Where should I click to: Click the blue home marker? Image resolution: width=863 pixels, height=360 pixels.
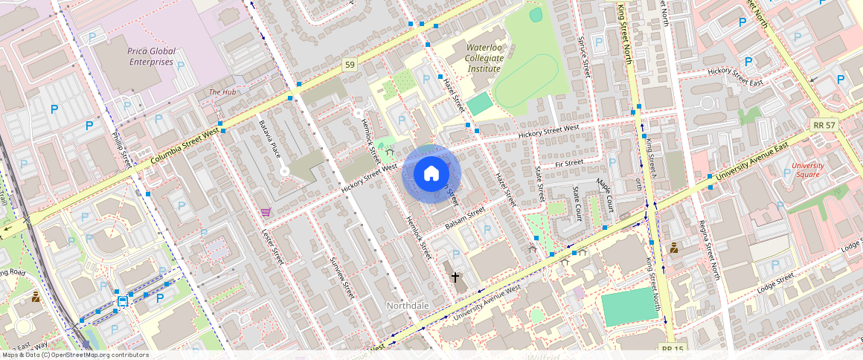pos(431,174)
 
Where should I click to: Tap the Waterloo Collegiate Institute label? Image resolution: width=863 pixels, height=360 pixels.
pos(484,58)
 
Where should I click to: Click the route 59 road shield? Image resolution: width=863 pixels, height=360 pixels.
pos(350,66)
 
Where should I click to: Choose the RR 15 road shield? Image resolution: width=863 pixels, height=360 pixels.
pos(673,348)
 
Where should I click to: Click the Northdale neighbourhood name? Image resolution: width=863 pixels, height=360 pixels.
pos(408,306)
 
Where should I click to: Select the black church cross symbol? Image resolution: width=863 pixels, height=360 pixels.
pos(455,277)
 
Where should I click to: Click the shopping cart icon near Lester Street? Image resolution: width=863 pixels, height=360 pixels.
pos(266,212)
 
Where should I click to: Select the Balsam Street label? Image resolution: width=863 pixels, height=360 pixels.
pos(465,216)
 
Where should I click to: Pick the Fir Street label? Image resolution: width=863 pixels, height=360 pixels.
pos(569,163)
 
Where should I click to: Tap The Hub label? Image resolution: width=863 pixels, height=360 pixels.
pos(222,92)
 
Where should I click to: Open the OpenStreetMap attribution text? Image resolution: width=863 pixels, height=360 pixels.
pos(74,355)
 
